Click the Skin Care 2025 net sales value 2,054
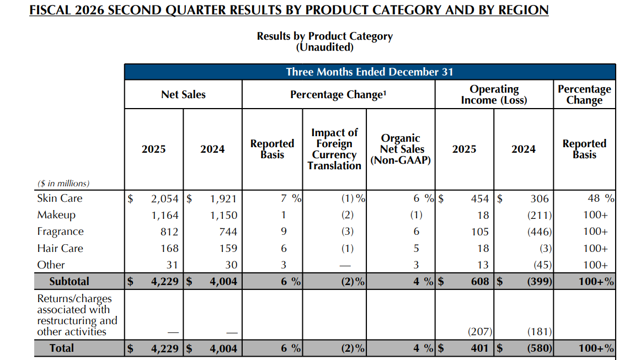pos(164,198)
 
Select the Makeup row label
pos(56,215)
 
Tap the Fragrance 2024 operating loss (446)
pos(540,232)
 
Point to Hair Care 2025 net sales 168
pos(169,248)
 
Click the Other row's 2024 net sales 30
pos(231,265)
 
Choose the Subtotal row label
pos(70,282)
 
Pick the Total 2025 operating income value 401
pos(479,348)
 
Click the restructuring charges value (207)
pos(480,332)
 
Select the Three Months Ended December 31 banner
pos(370,72)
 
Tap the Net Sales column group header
pos(184,95)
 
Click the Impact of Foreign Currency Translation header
pos(334,149)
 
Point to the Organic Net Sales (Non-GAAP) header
pos(401,149)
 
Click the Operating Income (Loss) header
pos(494,95)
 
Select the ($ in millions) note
pos(63,183)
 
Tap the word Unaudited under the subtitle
pos(325,47)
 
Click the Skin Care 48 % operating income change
pos(601,198)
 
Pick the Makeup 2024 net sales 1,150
pos(223,215)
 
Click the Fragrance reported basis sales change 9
pos(284,232)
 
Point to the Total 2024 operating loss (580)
pos(540,348)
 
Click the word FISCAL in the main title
pos(50,10)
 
